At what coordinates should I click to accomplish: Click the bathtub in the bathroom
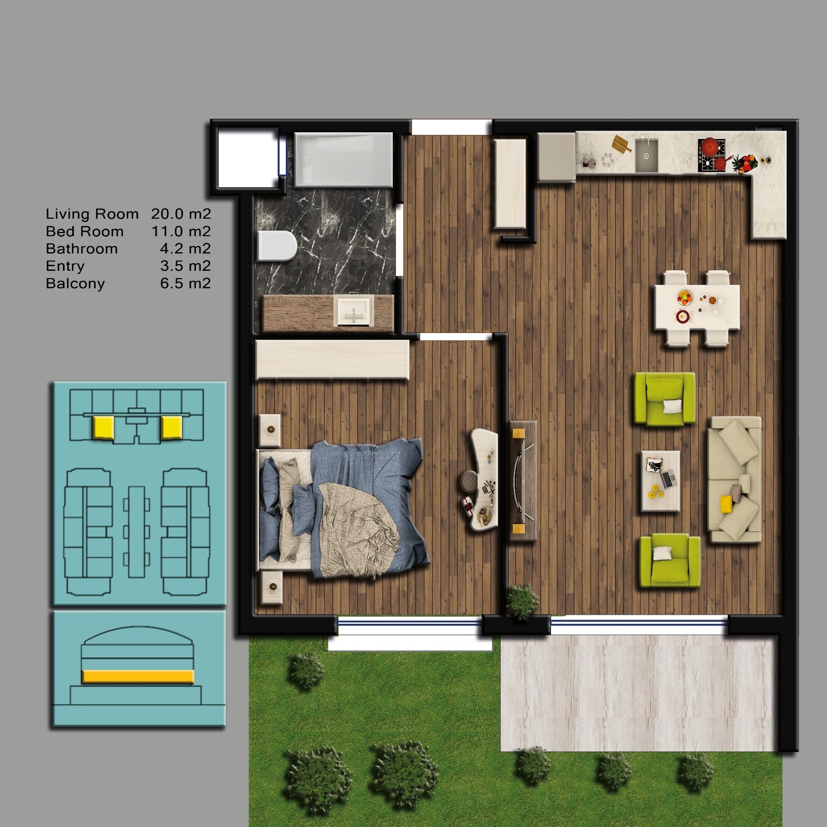[x=344, y=160]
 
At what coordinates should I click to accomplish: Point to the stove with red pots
[x=712, y=155]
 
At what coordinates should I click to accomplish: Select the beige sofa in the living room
[x=734, y=479]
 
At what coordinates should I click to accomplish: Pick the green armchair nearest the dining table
[x=665, y=399]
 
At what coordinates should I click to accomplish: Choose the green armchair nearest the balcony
[x=670, y=561]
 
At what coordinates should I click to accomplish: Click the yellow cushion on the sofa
[x=727, y=504]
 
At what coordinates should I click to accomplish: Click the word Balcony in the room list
[x=75, y=283]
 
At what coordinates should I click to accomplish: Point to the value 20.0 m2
[x=181, y=214]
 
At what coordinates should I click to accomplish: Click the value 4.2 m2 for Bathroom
[x=185, y=249]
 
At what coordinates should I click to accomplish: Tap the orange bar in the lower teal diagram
[x=139, y=677]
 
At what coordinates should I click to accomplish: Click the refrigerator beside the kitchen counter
[x=557, y=157]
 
